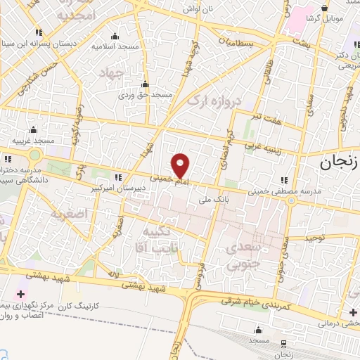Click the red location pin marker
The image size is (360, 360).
coord(181,165)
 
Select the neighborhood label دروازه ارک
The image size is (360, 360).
coord(214,101)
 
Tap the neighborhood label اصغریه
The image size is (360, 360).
coord(68,212)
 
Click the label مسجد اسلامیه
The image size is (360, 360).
coord(115,46)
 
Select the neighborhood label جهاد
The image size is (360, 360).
coord(111,73)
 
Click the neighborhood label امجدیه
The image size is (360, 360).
coord(56,15)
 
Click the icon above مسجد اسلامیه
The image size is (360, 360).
coord(115,36)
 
